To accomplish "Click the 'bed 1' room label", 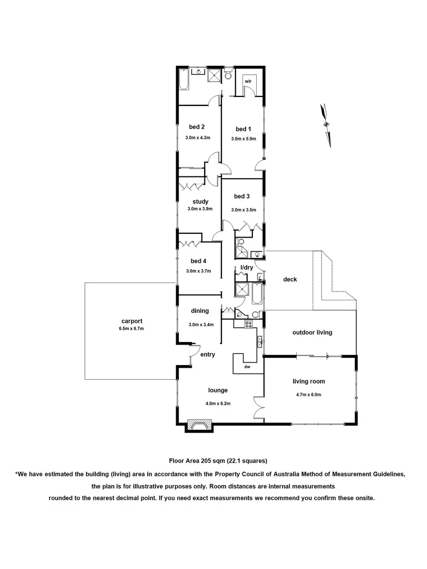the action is coord(243,129).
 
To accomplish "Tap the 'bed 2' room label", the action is coord(197,126).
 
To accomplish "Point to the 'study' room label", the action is coord(200,201).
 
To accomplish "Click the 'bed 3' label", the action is coord(242,197).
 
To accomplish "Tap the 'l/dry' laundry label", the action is coord(247,268).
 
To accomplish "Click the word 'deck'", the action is coord(290,279).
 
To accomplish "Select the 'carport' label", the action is coord(131,321).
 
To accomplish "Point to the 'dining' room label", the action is coord(200,311).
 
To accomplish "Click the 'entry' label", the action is coord(207,355).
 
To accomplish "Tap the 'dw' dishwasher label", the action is coord(247,367).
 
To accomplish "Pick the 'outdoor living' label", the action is coord(313,332).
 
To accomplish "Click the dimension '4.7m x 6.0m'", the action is coord(308,395).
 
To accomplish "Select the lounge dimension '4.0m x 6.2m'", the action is coord(218,404).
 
